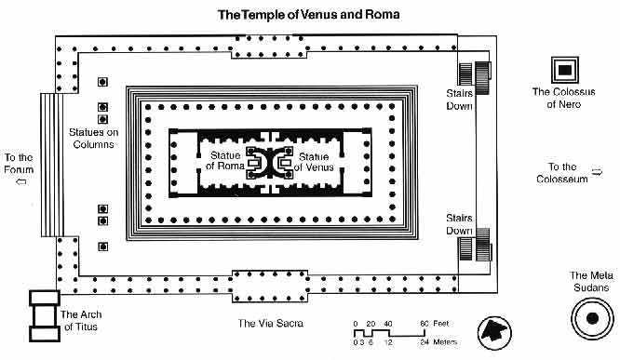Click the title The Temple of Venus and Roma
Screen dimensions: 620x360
308,15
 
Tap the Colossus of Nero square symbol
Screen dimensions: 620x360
565,70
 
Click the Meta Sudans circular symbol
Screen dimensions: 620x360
592,318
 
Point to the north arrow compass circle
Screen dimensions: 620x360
494,332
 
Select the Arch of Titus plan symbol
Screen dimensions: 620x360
45,315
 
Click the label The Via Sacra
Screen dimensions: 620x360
271,323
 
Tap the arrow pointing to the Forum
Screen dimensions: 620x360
21,181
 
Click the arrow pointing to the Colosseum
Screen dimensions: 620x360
597,172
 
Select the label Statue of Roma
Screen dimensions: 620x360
225,160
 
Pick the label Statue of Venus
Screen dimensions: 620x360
314,162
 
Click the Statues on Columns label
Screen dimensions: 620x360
94,138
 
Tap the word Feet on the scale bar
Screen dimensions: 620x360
441,323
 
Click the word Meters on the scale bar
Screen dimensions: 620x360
445,341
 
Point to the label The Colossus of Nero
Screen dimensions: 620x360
563,98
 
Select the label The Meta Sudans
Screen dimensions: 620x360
591,281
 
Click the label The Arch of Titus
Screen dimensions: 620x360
81,321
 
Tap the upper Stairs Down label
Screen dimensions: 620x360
460,100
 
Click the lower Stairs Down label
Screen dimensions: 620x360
460,224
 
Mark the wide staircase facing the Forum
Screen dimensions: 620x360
52,165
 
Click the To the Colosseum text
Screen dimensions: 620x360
562,173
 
